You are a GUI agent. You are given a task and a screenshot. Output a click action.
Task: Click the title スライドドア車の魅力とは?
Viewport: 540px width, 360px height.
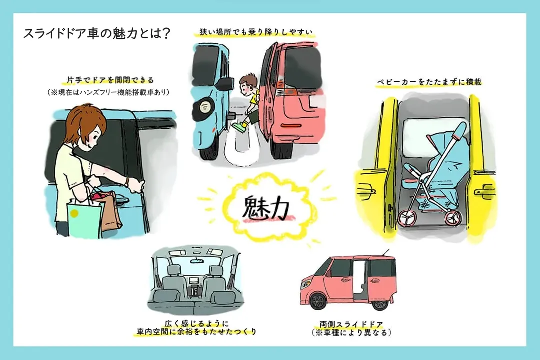[x=97, y=34]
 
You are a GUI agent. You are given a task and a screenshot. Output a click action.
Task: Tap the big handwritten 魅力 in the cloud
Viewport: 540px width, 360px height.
[x=266, y=208]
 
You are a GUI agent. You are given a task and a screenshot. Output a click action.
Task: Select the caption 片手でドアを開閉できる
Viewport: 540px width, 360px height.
[x=110, y=80]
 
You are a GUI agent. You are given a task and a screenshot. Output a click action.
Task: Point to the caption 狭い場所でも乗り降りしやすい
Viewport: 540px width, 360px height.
[x=256, y=32]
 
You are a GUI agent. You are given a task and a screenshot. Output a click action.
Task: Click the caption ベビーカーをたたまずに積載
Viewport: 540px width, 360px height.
[x=429, y=82]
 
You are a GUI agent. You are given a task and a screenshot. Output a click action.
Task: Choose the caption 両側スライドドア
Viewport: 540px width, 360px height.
[x=351, y=324]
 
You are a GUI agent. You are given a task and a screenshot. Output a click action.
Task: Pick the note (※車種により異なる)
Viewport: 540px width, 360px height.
[x=351, y=333]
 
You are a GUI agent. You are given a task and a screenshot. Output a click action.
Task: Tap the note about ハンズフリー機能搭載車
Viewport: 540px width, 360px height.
[x=108, y=92]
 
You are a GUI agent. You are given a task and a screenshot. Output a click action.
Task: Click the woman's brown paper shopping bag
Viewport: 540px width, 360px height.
[x=111, y=210]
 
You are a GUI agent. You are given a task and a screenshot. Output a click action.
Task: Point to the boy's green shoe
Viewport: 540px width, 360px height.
[x=238, y=127]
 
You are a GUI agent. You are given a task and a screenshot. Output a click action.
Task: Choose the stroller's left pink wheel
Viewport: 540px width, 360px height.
[x=407, y=218]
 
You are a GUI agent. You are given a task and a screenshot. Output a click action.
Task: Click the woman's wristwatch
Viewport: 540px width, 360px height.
[x=127, y=182]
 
